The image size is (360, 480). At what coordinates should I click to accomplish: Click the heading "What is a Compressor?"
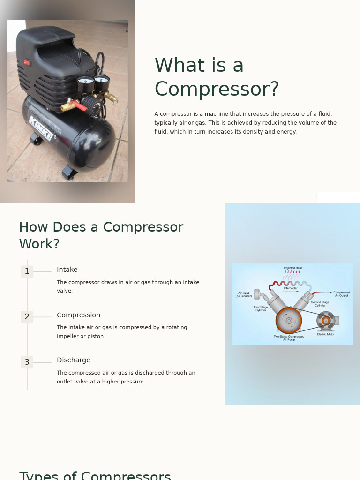point(217,77)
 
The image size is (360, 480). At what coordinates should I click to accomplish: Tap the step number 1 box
point(27,271)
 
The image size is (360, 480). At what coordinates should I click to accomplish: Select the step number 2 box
point(27,317)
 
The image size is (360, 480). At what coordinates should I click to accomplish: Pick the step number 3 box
point(27,362)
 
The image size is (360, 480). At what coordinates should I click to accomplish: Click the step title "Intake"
point(67,270)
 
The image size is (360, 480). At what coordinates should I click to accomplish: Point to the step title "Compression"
point(78,315)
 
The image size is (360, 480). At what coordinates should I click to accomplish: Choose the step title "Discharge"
point(74,360)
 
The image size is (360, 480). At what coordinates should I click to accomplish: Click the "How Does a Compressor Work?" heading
point(101,235)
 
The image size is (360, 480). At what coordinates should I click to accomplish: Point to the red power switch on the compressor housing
point(27,63)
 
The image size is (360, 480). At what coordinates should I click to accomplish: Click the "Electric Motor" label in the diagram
point(326,334)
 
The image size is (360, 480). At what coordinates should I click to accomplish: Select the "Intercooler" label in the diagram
point(291,288)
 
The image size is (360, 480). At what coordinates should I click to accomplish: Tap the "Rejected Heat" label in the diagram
point(292,268)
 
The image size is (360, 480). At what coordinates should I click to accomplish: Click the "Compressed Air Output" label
point(341,294)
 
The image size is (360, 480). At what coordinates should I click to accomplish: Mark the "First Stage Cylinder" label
point(261,308)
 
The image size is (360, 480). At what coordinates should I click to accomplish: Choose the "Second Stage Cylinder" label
point(320,304)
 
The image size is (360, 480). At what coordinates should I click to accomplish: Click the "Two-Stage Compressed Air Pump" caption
point(289,337)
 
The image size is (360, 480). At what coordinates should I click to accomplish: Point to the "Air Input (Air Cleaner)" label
point(244,294)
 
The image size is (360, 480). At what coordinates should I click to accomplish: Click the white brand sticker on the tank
point(41,128)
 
